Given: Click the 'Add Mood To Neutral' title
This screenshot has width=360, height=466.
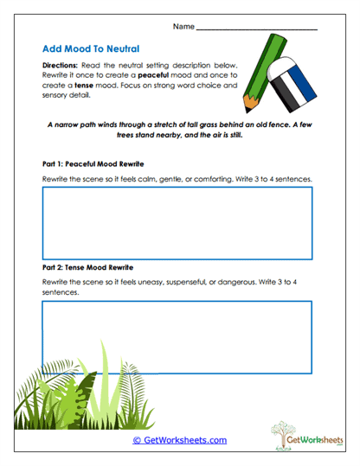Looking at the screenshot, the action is point(90,49).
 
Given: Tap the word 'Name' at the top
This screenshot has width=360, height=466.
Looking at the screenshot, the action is point(183,27).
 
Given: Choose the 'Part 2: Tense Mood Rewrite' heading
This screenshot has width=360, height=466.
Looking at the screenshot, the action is point(87,267).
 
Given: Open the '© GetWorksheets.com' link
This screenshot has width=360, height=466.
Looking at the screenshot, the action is point(179,440).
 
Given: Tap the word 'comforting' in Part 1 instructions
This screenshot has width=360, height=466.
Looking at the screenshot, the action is point(224,179).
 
